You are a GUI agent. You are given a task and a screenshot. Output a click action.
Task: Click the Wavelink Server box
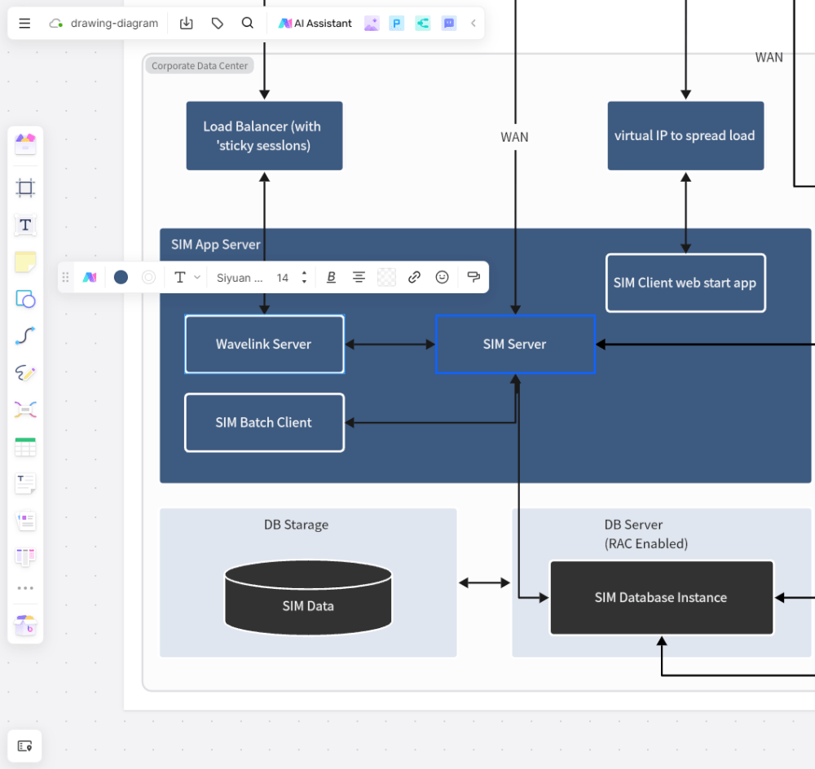264,344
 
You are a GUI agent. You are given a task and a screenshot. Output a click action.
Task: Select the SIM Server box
514,344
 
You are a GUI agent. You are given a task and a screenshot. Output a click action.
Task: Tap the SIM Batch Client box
264,422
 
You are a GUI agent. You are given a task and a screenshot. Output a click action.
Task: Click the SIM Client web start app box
685,283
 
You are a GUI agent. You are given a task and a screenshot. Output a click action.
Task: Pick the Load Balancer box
264,136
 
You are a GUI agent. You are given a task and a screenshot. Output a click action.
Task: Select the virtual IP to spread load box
685,136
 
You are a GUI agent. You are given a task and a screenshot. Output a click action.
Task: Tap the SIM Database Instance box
661,597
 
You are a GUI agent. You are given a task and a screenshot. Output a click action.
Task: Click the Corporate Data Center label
200,66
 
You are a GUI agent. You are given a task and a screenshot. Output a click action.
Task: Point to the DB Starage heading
296,525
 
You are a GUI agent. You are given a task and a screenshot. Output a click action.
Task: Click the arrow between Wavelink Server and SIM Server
390,345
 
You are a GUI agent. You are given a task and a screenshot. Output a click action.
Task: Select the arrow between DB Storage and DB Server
484,582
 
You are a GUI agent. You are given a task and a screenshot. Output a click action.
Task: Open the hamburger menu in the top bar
24,24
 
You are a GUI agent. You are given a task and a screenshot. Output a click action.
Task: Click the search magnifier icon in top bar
248,24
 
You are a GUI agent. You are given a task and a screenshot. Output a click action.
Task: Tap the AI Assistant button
315,24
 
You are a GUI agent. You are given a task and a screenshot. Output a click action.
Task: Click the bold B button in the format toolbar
331,278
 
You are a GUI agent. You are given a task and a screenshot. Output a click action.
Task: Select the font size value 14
283,278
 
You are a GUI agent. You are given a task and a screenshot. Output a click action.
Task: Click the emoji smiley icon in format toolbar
442,278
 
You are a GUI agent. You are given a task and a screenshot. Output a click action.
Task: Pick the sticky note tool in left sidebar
25,262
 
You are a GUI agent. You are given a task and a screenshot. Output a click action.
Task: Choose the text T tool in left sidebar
25,225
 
